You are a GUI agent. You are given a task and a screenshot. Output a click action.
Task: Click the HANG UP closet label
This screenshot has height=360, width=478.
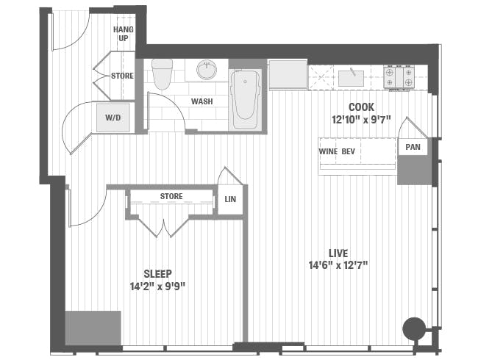click(122, 33)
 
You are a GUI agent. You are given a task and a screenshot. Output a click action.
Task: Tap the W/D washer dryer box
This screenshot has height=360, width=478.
click(113, 118)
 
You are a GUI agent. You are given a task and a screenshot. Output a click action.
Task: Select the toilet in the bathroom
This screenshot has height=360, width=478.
click(162, 73)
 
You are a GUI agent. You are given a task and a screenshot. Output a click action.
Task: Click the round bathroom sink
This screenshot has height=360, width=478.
click(207, 71)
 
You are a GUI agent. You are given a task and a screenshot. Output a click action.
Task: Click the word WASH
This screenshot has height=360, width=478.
click(202, 101)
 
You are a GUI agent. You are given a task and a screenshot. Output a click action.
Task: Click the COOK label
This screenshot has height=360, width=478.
click(362, 107)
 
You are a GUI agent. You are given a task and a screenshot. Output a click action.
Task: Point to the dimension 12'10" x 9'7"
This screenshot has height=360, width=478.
click(362, 119)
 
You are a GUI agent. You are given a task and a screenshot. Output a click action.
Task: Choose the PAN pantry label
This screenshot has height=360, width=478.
click(413, 147)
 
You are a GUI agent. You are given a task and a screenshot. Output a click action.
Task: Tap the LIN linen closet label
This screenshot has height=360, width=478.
click(230, 199)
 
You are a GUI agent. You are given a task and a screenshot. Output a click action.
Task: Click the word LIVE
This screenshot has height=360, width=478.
click(339, 253)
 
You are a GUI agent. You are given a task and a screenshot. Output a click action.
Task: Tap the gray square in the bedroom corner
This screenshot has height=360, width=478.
click(93, 328)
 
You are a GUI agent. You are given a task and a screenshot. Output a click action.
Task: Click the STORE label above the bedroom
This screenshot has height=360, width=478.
click(171, 197)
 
